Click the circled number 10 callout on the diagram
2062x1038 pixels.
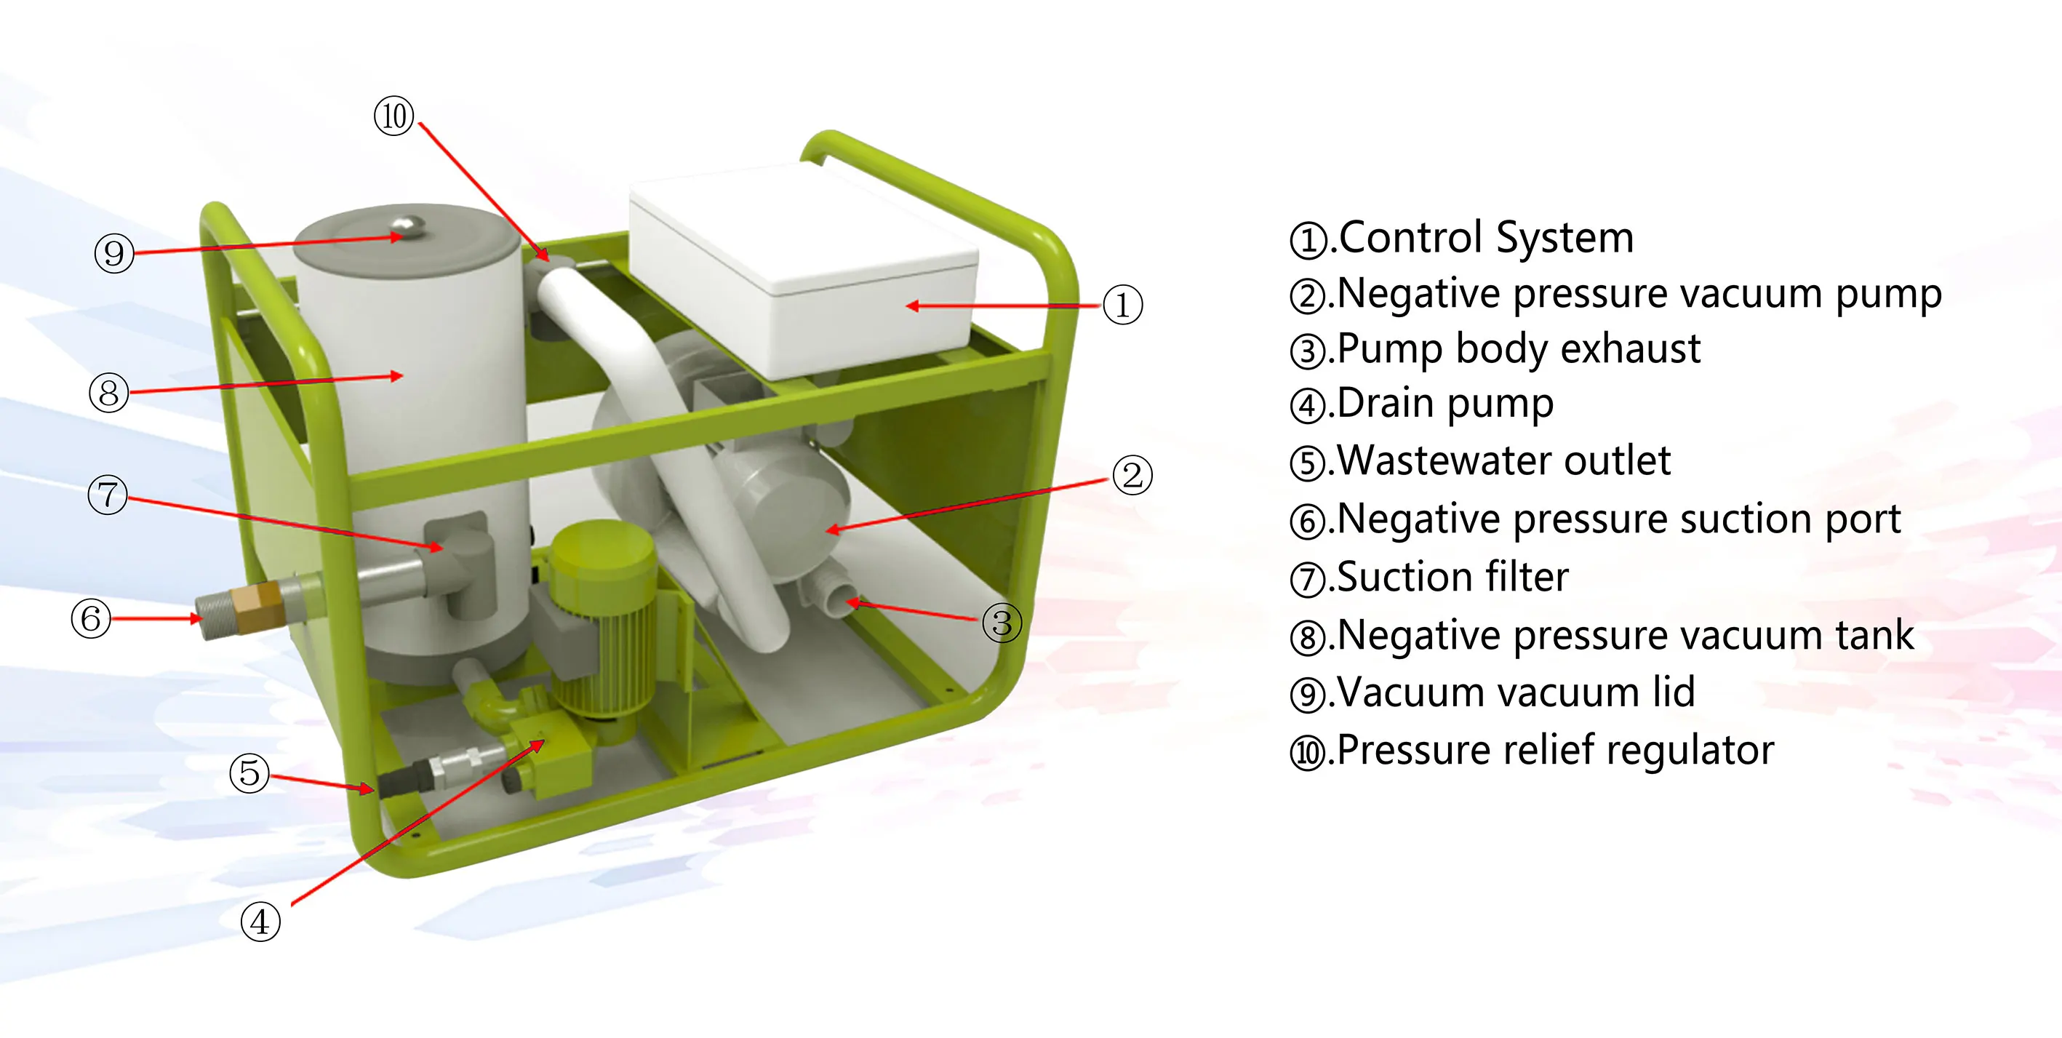(393, 117)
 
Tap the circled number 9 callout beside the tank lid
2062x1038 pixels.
(113, 253)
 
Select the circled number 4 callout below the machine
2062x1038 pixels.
(260, 922)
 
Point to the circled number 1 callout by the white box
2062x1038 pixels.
(1122, 305)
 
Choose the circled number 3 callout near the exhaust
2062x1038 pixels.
(1002, 623)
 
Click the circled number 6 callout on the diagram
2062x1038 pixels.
(90, 618)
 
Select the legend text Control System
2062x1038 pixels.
(1486, 238)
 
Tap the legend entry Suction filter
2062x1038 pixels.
(1452, 577)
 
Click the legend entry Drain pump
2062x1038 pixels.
(1444, 404)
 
